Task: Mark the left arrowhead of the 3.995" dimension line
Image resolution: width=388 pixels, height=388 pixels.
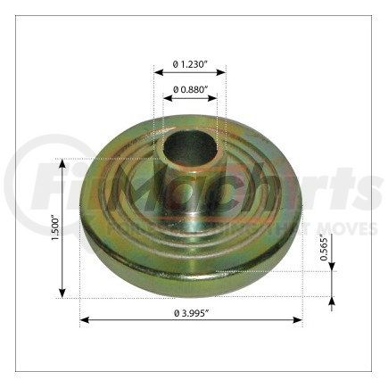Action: (84, 318)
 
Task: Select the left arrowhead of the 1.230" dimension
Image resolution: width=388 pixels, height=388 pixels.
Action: (156, 74)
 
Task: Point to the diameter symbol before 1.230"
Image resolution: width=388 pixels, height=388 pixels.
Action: (175, 64)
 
